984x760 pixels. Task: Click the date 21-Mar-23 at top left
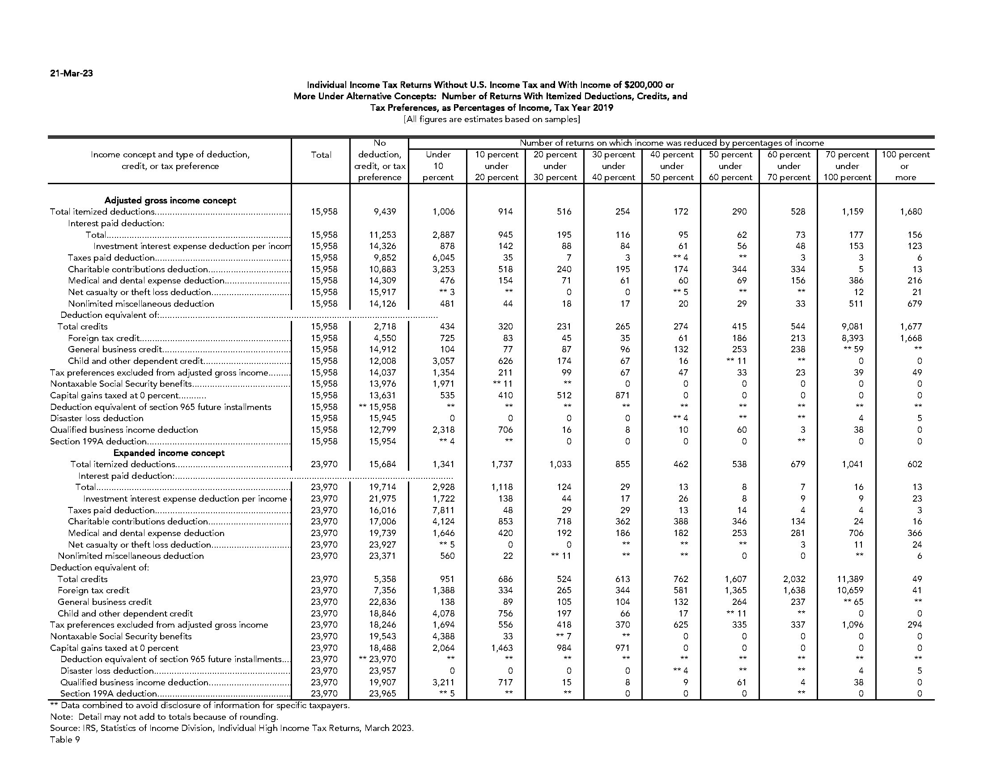tap(71, 73)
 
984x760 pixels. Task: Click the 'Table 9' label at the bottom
tap(65, 739)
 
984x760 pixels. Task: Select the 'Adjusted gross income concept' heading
tap(170, 200)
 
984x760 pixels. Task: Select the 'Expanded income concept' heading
tap(169, 453)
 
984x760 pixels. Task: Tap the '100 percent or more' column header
tap(905, 166)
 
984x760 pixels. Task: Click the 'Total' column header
tap(321, 155)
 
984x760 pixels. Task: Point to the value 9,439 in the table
tap(384, 211)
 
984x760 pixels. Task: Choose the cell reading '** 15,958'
tap(377, 407)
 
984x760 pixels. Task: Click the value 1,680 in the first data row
tap(911, 211)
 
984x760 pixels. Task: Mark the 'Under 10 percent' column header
tap(438, 166)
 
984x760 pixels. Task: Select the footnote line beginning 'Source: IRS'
tap(232, 728)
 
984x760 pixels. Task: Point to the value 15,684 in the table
tap(382, 464)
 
